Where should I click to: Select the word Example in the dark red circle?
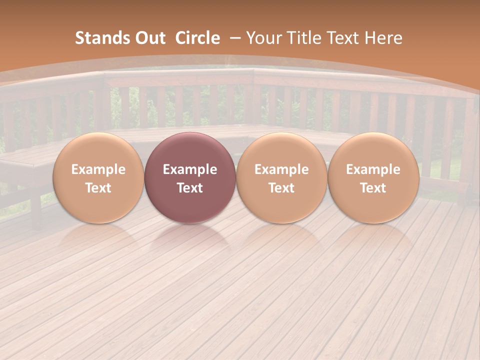(189, 169)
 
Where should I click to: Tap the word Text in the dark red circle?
(189, 188)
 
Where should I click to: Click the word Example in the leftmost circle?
(98, 169)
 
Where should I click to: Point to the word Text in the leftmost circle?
(98, 188)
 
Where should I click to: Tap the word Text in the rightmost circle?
(373, 188)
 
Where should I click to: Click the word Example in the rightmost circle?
(373, 169)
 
